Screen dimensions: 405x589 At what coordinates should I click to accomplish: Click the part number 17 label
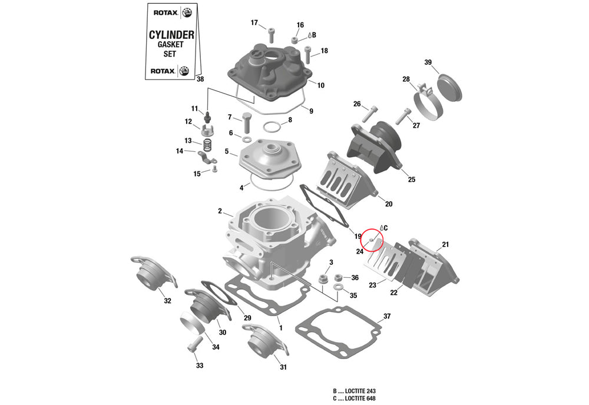[x=254, y=23]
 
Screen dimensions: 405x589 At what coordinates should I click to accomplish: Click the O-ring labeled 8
[x=272, y=127]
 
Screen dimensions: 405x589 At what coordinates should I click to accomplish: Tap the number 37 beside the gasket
[x=387, y=316]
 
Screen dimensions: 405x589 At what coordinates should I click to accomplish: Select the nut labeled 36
[x=338, y=277]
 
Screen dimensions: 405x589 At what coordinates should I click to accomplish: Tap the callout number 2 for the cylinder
[x=220, y=211]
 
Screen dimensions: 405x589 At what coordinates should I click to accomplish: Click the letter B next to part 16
[x=314, y=35]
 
